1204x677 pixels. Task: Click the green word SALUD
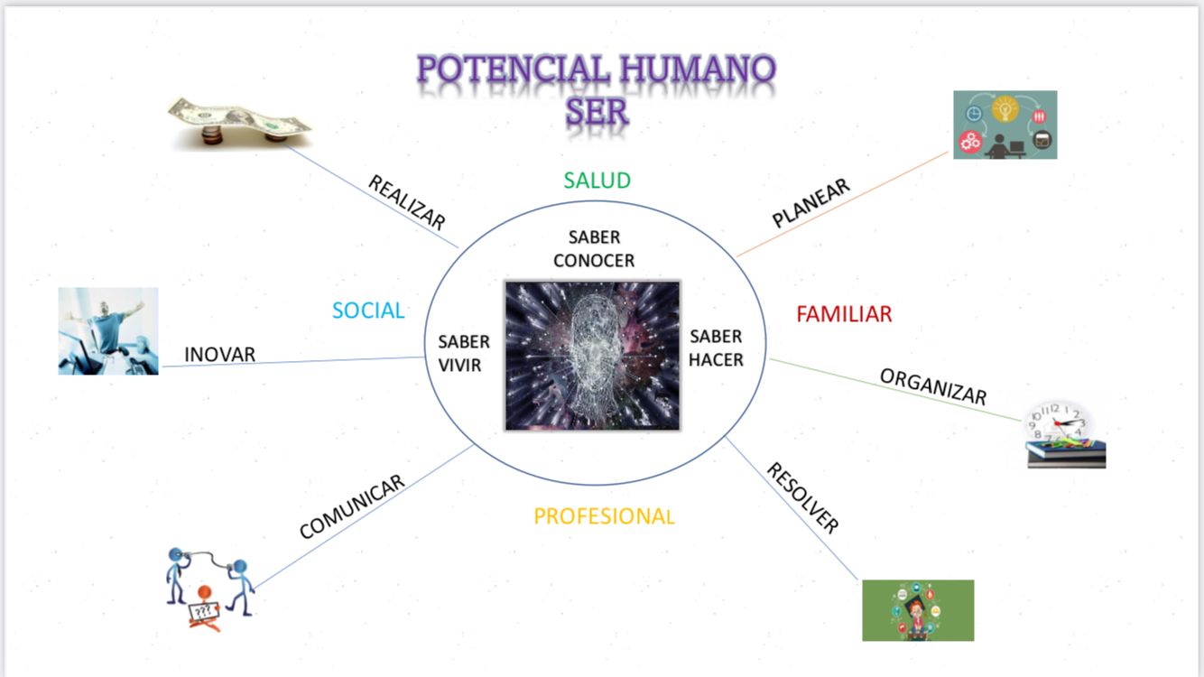[x=597, y=181]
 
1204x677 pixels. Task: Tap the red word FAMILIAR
[x=844, y=314]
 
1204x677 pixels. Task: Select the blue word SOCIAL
[x=368, y=311]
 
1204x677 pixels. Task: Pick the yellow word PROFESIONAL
[x=604, y=516]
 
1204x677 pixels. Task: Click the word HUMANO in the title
[x=697, y=70]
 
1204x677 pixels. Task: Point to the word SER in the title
[x=597, y=112]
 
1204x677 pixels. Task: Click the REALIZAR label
[x=407, y=202]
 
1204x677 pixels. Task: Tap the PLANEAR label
[x=810, y=202]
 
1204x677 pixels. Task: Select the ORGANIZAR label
[x=933, y=386]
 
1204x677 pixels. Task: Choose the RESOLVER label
[x=802, y=498]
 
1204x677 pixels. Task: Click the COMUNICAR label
[x=351, y=506]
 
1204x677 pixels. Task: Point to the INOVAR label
[x=220, y=355]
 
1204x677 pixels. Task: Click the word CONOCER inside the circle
[x=594, y=261]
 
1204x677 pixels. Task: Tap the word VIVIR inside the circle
[x=459, y=365]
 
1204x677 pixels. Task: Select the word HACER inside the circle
[x=716, y=360]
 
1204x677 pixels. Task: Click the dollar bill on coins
[x=239, y=122]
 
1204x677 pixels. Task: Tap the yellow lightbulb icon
[x=1005, y=109]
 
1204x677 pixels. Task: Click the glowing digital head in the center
[x=592, y=356]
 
